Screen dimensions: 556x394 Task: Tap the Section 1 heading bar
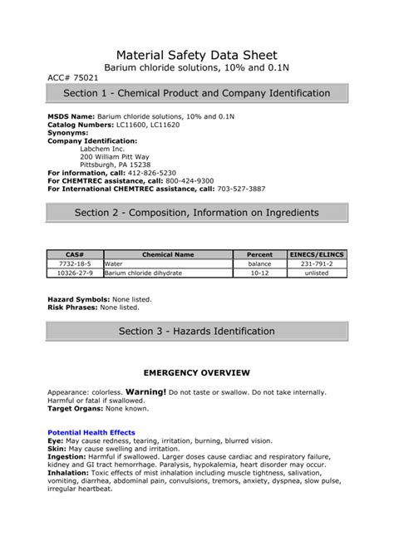196,93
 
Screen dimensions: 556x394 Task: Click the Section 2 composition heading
196,212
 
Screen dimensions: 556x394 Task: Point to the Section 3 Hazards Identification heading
196,331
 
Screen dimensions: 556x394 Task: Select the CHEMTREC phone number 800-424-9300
190,180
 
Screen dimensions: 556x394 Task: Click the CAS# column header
76,254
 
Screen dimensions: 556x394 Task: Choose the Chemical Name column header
168,254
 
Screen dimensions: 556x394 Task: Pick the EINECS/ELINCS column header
317,254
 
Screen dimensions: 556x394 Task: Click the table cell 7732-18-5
76,263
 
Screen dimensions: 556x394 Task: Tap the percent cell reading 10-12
259,273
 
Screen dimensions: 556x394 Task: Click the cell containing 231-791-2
317,263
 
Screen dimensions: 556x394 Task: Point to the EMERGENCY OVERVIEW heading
197,372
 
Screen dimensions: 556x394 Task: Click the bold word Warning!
145,391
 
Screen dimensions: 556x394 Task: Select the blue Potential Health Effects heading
91,432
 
